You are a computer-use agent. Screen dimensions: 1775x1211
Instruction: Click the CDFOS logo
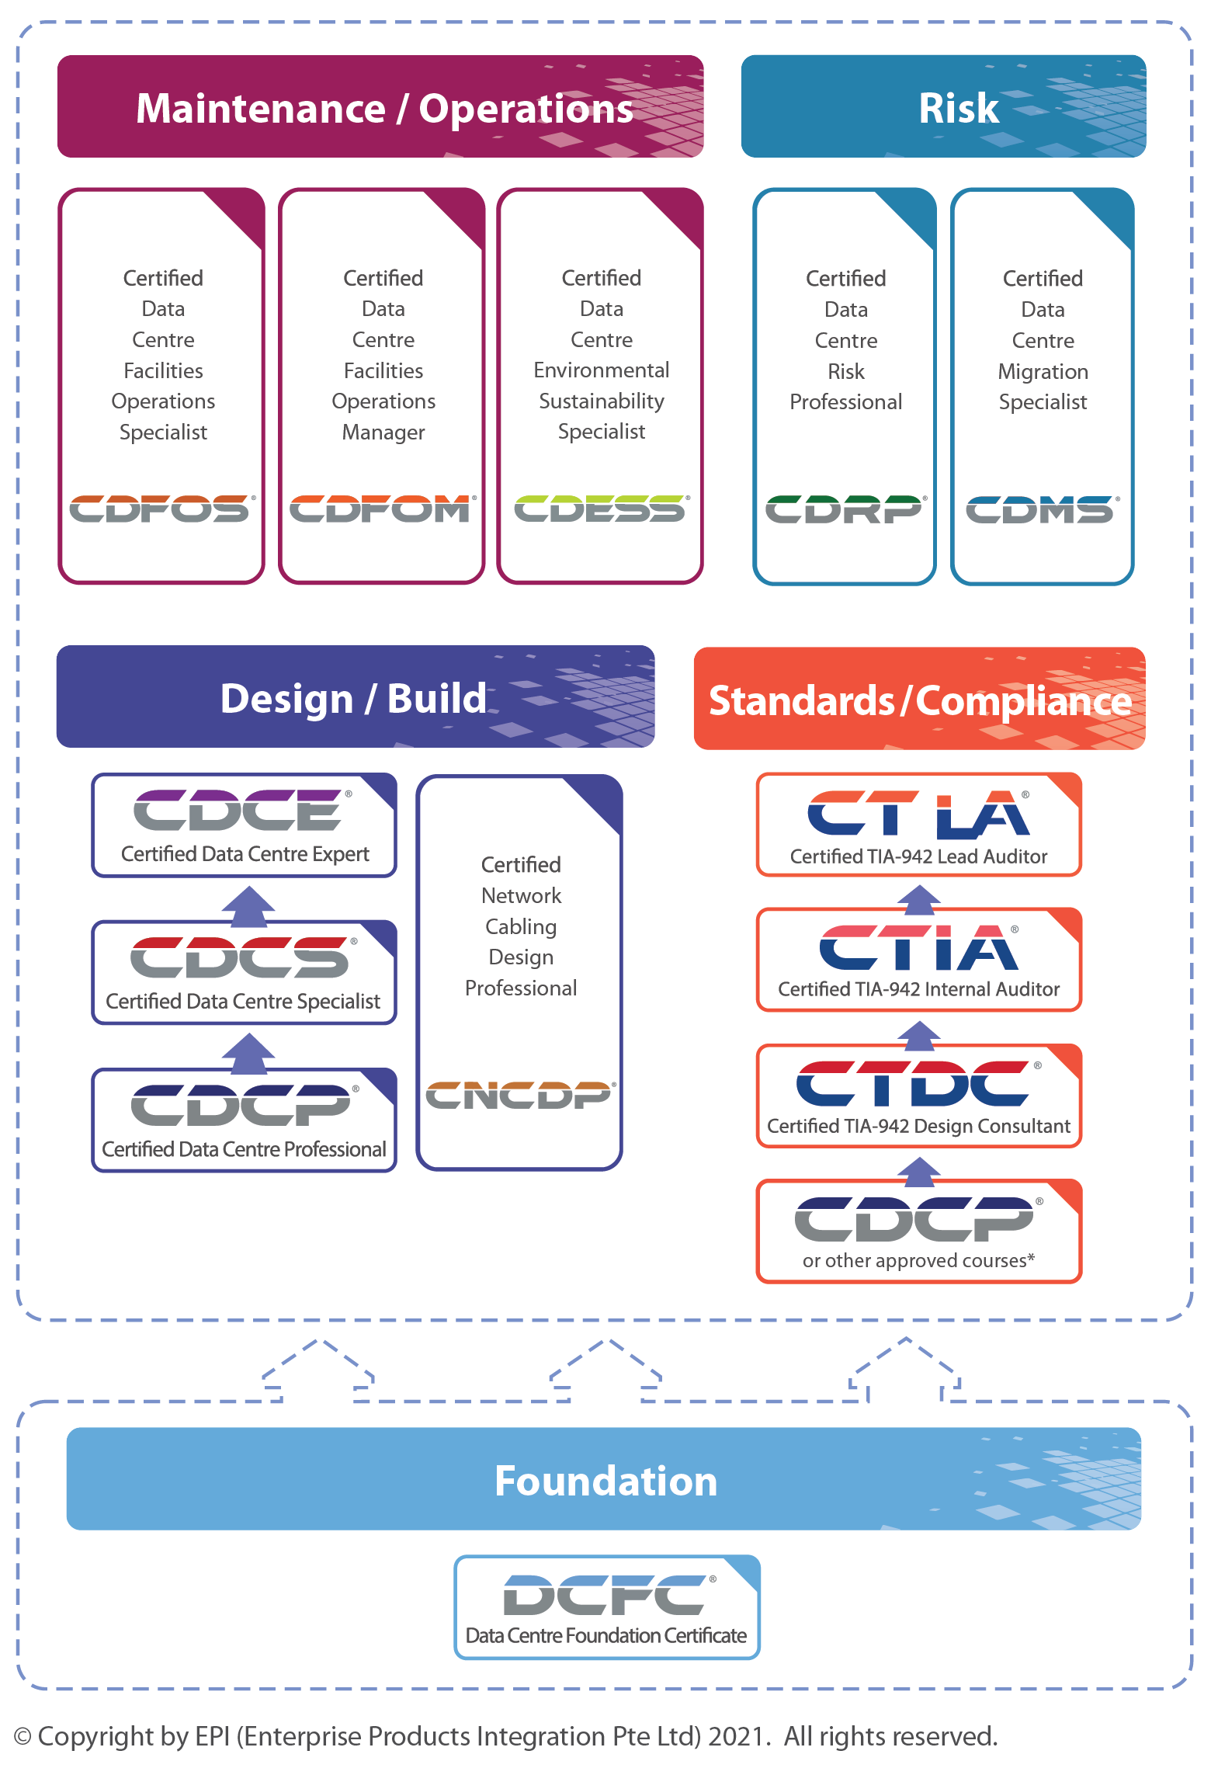[161, 509]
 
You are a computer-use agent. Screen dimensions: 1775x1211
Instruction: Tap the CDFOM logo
[381, 509]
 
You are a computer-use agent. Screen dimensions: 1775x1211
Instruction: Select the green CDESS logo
[600, 509]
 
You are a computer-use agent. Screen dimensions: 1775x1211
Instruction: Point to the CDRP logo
[845, 509]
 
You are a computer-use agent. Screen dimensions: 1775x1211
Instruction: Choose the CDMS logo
[1042, 509]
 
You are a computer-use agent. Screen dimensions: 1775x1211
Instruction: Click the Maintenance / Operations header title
[384, 108]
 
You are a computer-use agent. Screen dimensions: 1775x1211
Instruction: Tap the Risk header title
[959, 108]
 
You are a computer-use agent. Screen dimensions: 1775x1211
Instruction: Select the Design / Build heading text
[353, 698]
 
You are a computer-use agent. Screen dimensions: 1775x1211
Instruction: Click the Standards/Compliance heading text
[920, 700]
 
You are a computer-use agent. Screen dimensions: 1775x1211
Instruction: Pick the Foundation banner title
[605, 1481]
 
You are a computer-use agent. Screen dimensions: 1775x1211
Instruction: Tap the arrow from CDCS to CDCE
[248, 905]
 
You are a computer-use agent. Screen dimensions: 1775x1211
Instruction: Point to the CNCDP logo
[519, 1095]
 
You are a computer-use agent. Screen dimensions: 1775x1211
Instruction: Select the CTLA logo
[918, 815]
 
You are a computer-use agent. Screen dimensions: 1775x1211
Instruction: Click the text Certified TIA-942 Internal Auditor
[918, 989]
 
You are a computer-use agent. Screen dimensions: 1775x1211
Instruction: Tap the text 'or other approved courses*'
[918, 1260]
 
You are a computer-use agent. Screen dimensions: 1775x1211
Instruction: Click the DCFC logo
[605, 1595]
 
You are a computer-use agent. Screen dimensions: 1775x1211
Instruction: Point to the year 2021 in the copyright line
[736, 1736]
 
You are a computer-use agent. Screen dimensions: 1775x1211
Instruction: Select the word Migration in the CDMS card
[1043, 371]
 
